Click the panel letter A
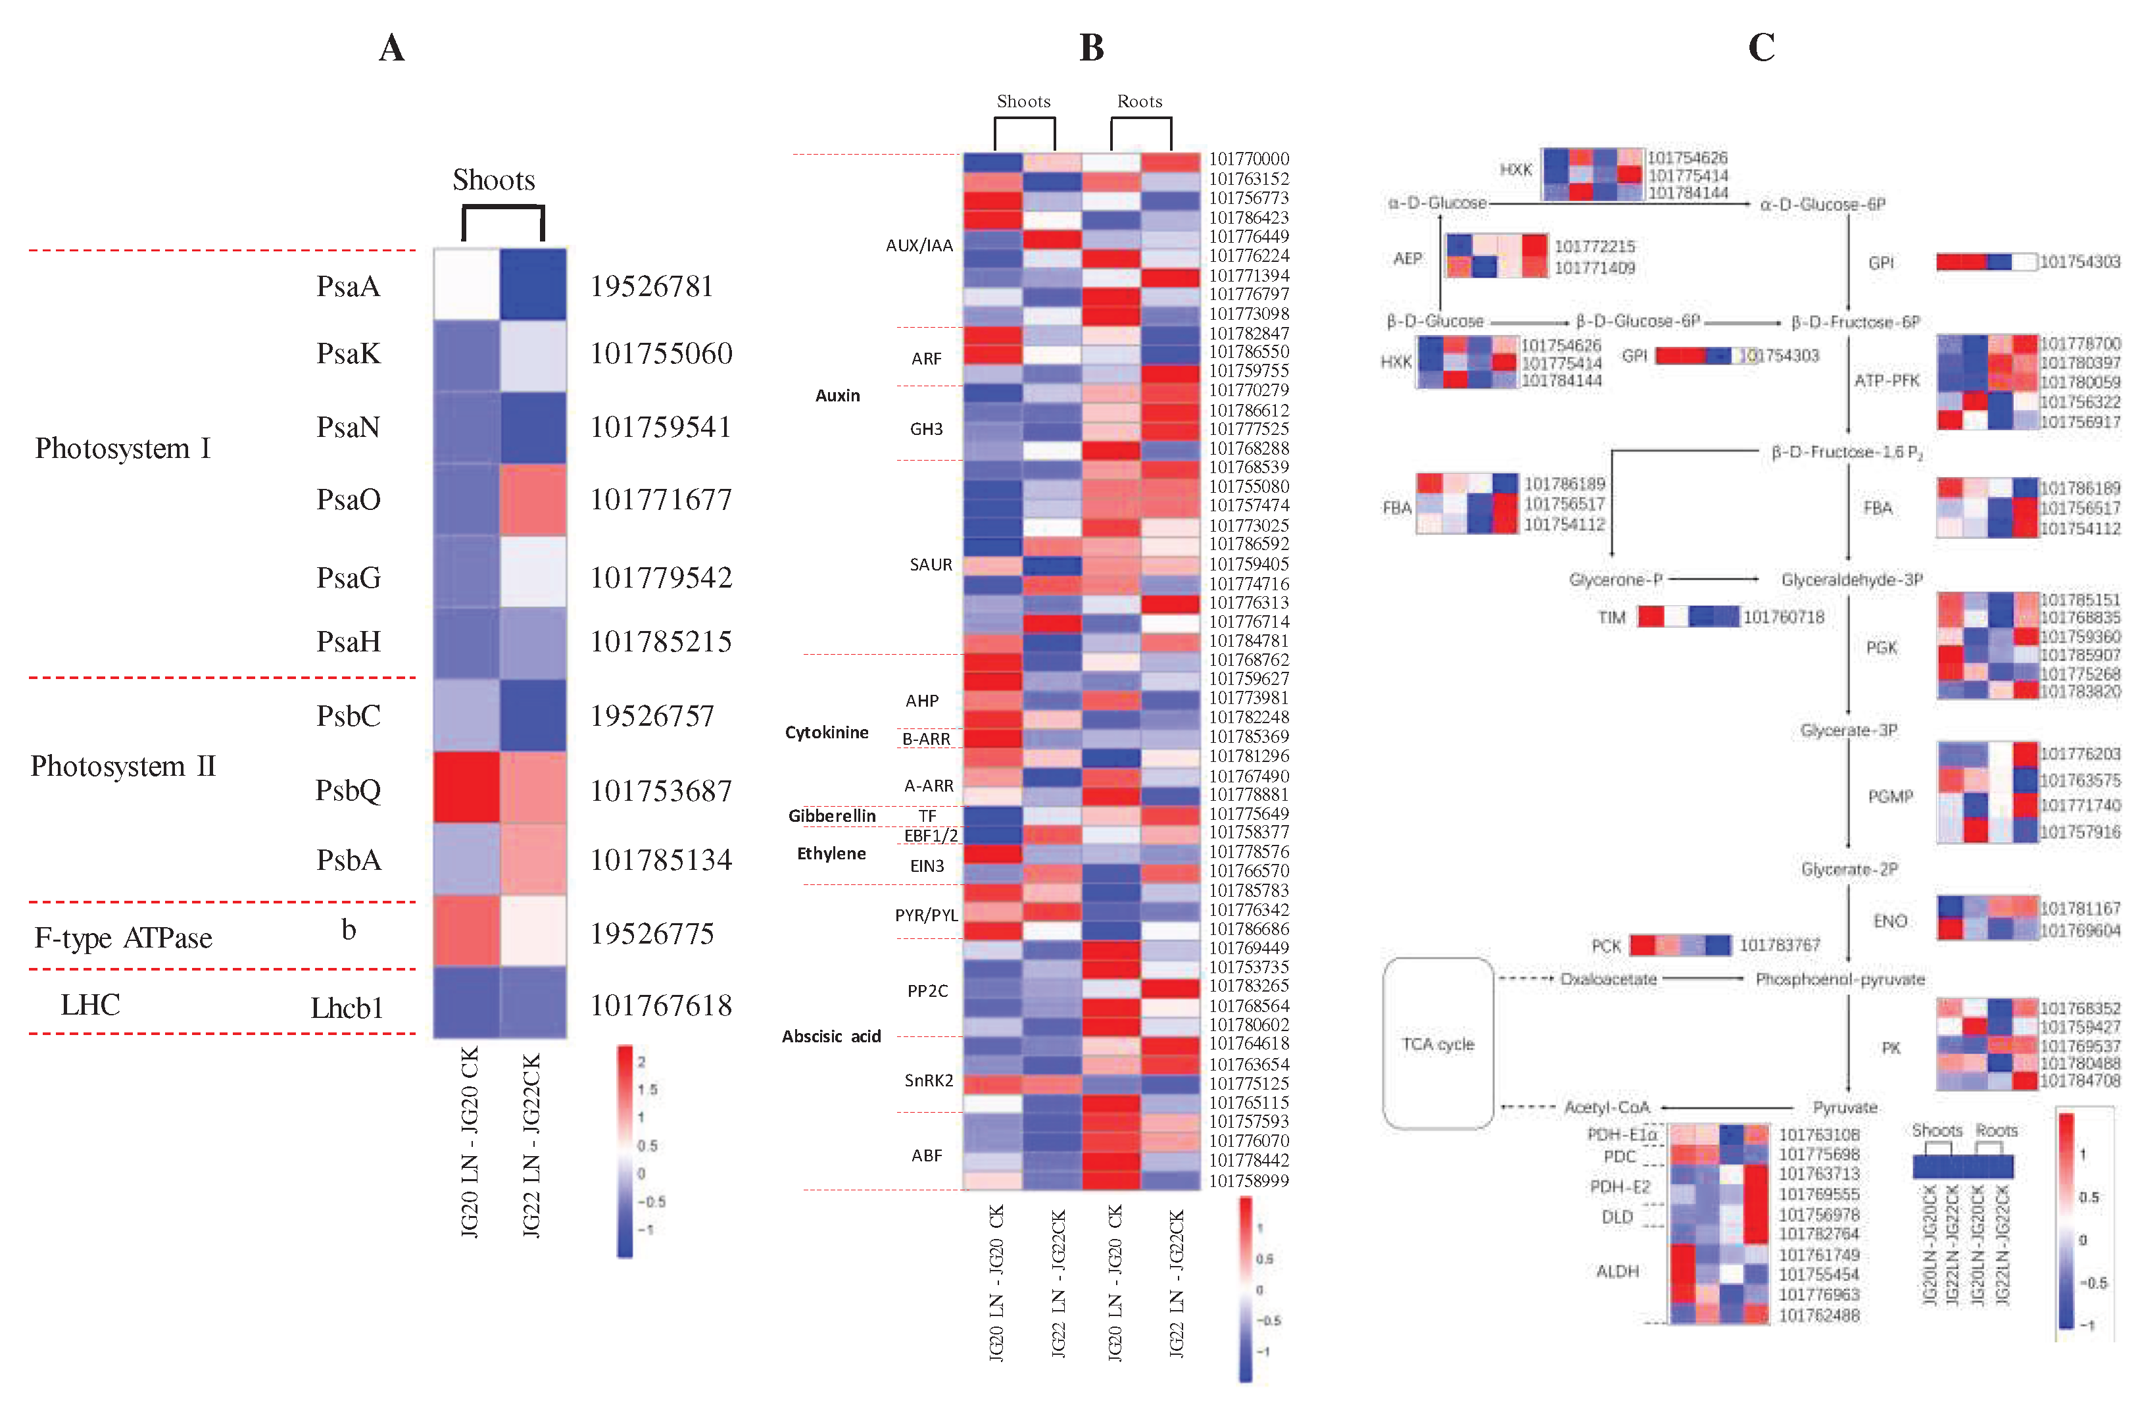coord(391,47)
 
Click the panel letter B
coord(1091,47)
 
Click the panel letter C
coord(1761,47)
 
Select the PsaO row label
coord(348,499)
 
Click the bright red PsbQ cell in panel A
coord(466,787)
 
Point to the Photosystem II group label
coord(123,766)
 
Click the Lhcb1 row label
coord(347,1007)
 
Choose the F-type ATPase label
coord(123,938)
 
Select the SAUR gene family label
coord(930,565)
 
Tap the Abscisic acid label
coord(831,1036)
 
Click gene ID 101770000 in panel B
coord(1248,159)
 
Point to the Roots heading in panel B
coord(1139,101)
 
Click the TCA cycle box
coord(1437,1044)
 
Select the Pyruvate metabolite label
coord(1844,1107)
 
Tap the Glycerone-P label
coord(1615,580)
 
